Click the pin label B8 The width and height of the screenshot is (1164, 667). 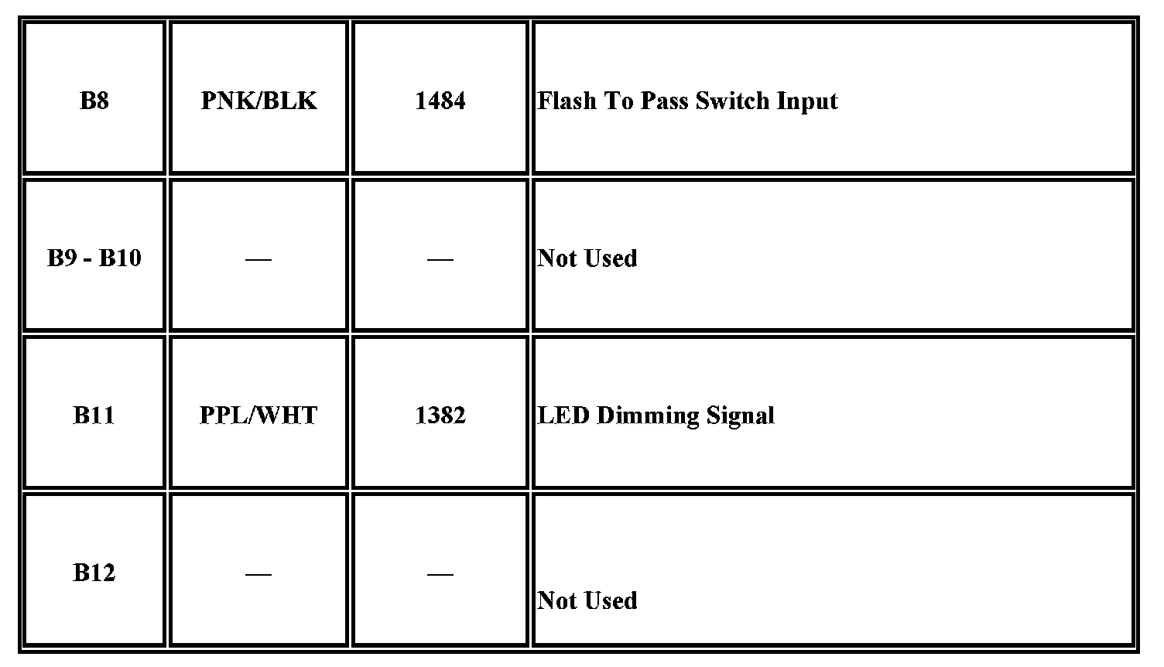coord(94,101)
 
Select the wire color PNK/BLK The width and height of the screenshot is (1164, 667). coord(258,101)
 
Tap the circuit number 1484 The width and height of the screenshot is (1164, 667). coord(440,101)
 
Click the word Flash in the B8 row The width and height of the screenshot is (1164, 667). coord(567,101)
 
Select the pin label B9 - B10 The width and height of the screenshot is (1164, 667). coord(94,258)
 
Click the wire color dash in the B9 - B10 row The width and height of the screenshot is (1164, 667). coord(258,259)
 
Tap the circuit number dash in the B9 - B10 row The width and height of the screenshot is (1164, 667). coord(440,259)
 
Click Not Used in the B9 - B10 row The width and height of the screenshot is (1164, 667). coord(587,258)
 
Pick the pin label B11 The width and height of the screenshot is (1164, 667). coord(94,416)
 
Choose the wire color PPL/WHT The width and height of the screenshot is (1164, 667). coord(258,416)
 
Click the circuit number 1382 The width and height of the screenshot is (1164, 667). coord(440,416)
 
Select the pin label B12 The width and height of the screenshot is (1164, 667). coord(94,573)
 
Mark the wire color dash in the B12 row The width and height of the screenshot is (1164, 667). coord(258,574)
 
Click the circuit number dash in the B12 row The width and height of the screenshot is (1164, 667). coord(440,574)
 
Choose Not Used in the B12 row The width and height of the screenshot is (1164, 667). coord(587,600)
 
